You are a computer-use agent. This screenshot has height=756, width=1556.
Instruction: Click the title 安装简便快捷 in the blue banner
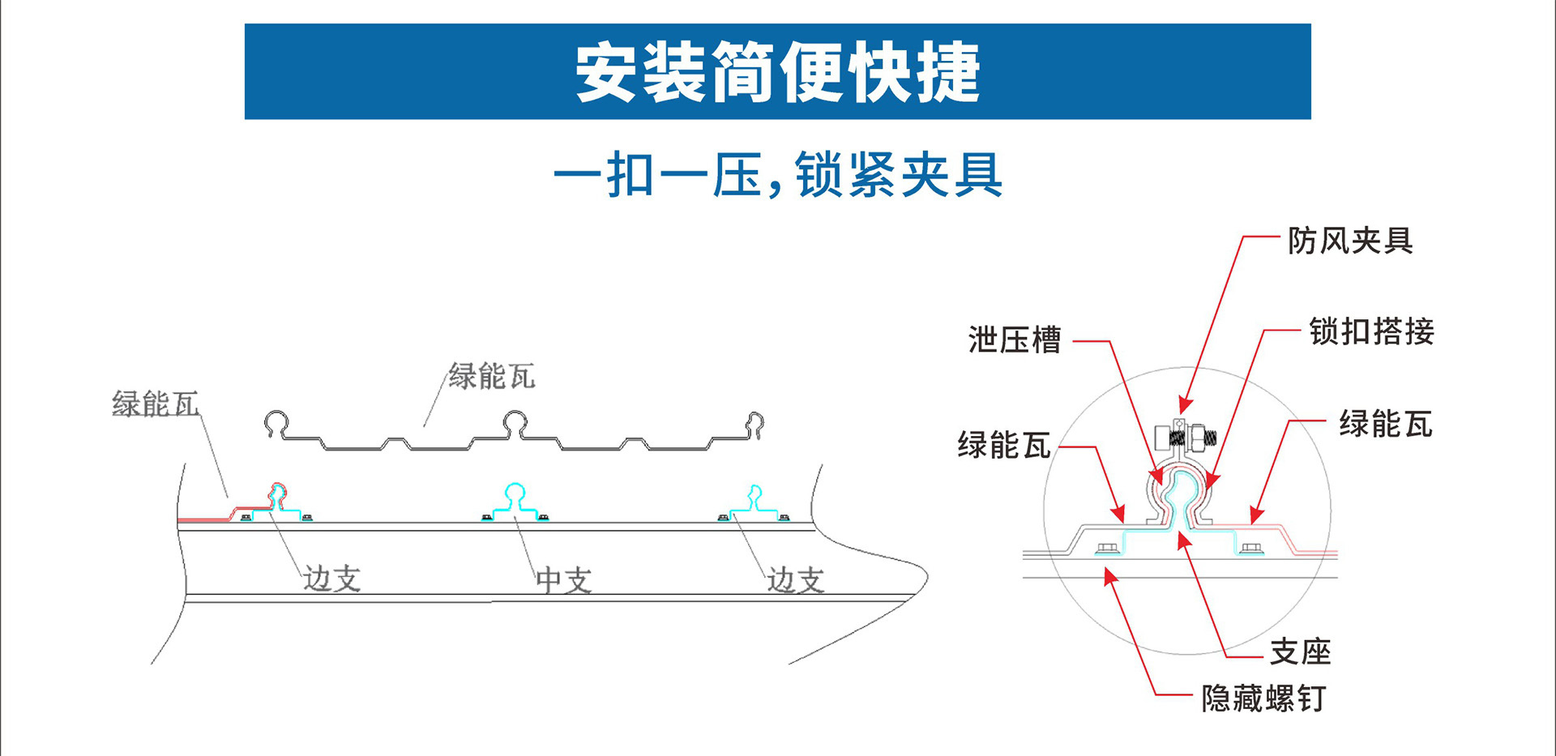pos(777,72)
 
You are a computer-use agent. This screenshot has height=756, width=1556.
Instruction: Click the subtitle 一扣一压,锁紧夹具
pos(777,175)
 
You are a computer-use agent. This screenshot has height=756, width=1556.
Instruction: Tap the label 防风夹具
pos(1350,241)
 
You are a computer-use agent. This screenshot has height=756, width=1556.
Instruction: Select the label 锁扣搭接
pos(1371,331)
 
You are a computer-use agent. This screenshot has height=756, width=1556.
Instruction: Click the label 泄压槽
pos(1015,340)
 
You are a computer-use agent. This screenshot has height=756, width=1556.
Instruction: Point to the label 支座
pos(1300,651)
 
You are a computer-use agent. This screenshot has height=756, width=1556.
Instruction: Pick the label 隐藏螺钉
pos(1263,698)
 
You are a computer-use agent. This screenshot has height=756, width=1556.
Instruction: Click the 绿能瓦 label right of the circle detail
pos(1385,424)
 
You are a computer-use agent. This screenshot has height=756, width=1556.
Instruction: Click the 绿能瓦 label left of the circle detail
pos(1003,446)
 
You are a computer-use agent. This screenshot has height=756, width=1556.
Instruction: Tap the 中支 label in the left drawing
pos(563,580)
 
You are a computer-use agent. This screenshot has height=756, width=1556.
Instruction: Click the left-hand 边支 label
pos(331,579)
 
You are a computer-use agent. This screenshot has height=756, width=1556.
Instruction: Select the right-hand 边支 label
pos(795,580)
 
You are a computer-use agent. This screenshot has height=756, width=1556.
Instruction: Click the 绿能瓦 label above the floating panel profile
pos(491,377)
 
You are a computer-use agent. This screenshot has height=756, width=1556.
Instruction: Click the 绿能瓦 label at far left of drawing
pos(155,404)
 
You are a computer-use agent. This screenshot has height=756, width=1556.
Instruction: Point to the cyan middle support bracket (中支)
pos(515,502)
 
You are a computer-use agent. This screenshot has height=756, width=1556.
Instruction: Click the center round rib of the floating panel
pos(515,423)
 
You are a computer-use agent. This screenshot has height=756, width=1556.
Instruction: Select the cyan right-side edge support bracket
pos(754,504)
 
